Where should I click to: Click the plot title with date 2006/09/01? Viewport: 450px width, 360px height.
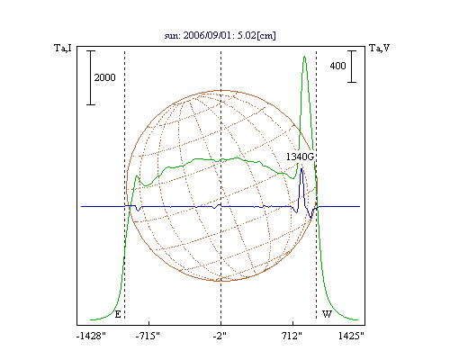point(220,35)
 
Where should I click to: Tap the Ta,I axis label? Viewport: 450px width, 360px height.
point(63,48)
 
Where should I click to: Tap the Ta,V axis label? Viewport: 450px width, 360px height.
point(380,48)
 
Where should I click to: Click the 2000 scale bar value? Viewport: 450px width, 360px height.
point(104,77)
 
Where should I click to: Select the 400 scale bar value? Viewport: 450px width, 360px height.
point(337,66)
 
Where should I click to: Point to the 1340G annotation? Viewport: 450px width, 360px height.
point(300,157)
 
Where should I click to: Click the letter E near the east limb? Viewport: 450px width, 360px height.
point(118,314)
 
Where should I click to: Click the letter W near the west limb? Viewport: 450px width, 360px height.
point(327,314)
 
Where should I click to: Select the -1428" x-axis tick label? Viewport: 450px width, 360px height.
point(91,336)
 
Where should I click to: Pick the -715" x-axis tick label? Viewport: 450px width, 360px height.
point(148,336)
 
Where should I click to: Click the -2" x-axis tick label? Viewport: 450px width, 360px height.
point(220,336)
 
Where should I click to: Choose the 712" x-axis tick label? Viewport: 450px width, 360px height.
point(292,336)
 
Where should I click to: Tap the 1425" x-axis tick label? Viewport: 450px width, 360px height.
point(351,336)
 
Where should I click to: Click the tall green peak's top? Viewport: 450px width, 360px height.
point(304,57)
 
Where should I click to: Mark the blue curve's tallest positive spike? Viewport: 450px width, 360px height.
point(301,169)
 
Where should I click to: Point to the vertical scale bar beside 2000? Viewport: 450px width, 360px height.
point(91,77)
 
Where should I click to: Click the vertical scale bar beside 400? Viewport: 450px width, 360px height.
point(352,67)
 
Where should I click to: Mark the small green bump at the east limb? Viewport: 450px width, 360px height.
point(137,176)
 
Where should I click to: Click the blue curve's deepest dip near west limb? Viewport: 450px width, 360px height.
point(310,217)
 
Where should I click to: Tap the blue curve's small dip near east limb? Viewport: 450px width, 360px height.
point(138,211)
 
